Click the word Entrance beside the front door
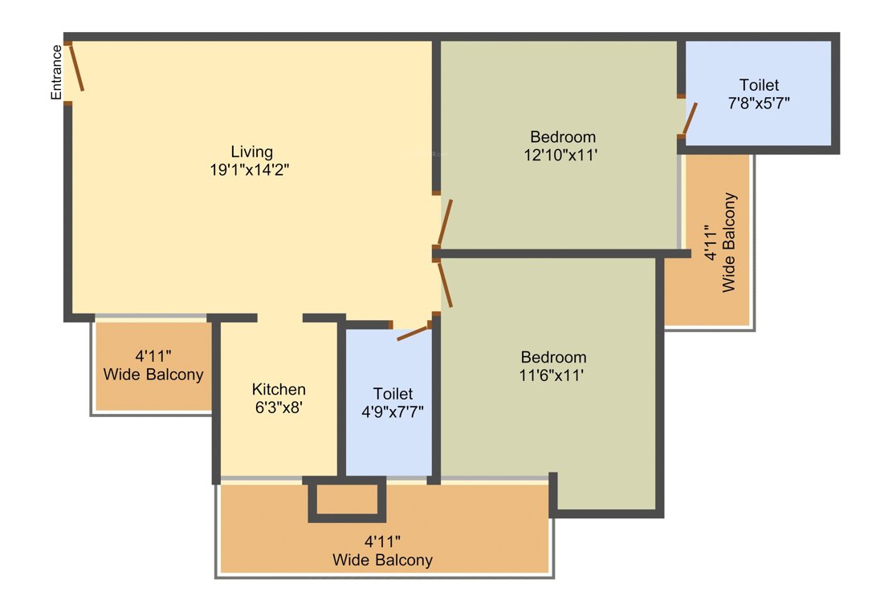pyautogui.click(x=56, y=72)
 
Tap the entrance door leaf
pyautogui.click(x=76, y=67)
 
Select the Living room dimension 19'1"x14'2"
pyautogui.click(x=249, y=169)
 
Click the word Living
pyautogui.click(x=252, y=152)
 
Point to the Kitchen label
pyautogui.click(x=279, y=389)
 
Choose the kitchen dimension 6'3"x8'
pyautogui.click(x=279, y=407)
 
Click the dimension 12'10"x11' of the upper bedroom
pyautogui.click(x=560, y=155)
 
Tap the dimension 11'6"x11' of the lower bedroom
pyautogui.click(x=551, y=375)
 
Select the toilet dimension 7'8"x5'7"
pyautogui.click(x=759, y=103)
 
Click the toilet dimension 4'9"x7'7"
pyautogui.click(x=393, y=411)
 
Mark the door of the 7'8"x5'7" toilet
pyautogui.click(x=690, y=119)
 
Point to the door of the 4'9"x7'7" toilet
pyautogui.click(x=412, y=334)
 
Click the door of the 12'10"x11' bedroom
pyautogui.click(x=445, y=223)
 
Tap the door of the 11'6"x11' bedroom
pyautogui.click(x=445, y=285)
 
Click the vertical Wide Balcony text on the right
pyautogui.click(x=728, y=242)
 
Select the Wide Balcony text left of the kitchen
pyautogui.click(x=153, y=375)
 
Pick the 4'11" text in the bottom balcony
pyautogui.click(x=383, y=541)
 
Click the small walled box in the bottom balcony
pyautogui.click(x=347, y=500)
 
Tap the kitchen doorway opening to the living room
pyautogui.click(x=279, y=318)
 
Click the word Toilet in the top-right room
pyautogui.click(x=759, y=85)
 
